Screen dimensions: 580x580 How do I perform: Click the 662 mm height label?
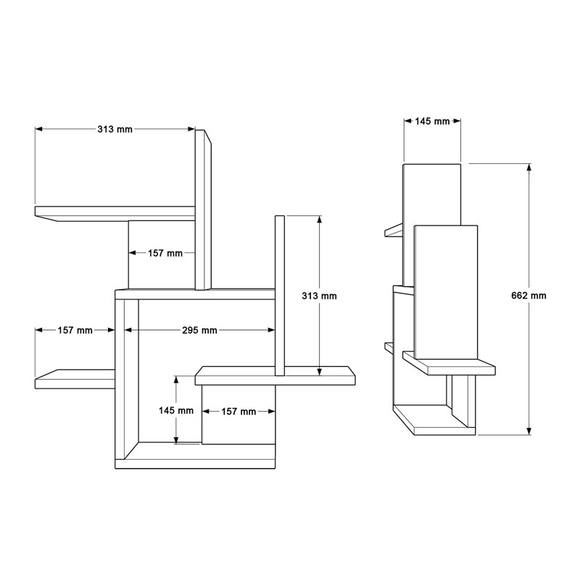[x=529, y=296]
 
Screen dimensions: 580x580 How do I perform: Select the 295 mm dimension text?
[x=199, y=331]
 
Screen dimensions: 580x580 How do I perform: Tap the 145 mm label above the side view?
[x=432, y=121]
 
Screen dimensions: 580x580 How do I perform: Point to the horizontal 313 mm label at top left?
[x=115, y=129]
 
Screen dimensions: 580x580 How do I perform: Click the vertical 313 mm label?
[x=319, y=296]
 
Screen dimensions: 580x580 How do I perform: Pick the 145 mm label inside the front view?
[x=176, y=410]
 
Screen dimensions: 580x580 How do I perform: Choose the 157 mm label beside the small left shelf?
[x=75, y=331]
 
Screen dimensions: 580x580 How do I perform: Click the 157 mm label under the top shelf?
[x=165, y=253]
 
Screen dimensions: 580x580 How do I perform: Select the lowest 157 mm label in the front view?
[x=239, y=411]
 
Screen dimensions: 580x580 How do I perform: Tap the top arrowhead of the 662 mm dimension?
[x=529, y=167]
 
